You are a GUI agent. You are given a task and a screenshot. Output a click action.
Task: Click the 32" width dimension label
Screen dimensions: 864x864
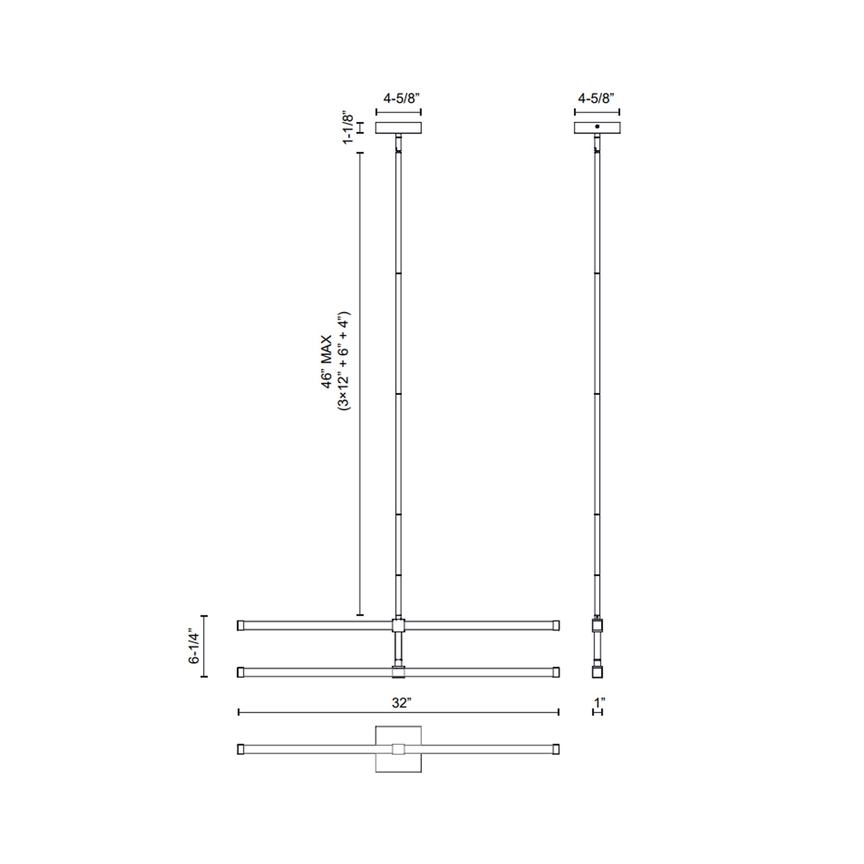401,703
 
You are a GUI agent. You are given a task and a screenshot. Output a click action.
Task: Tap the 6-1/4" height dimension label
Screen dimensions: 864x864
194,648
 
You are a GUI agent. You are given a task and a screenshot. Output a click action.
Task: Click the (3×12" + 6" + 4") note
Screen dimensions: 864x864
344,362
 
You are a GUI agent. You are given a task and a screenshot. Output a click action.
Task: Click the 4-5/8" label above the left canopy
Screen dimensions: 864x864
401,98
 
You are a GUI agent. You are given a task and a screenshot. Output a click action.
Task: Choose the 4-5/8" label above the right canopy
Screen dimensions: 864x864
596,98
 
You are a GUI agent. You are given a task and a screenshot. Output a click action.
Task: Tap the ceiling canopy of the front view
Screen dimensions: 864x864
398,128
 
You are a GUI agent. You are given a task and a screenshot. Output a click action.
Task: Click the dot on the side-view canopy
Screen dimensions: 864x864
597,127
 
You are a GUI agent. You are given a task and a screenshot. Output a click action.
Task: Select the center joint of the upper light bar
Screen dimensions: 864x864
398,625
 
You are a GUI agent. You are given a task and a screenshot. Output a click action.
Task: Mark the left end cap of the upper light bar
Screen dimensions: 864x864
241,625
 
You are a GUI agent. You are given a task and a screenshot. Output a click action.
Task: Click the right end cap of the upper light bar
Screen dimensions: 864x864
556,625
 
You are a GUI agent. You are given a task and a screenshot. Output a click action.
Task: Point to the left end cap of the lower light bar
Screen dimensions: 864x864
241,672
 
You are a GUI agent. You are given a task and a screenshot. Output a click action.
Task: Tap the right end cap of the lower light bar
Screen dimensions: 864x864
556,672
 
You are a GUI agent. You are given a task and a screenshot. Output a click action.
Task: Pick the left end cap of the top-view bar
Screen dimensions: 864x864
241,749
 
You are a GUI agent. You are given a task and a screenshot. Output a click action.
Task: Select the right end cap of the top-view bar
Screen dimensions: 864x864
556,749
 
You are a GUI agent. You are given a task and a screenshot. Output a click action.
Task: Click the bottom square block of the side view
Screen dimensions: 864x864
597,672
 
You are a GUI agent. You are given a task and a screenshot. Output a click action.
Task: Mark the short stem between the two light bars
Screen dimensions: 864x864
398,648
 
